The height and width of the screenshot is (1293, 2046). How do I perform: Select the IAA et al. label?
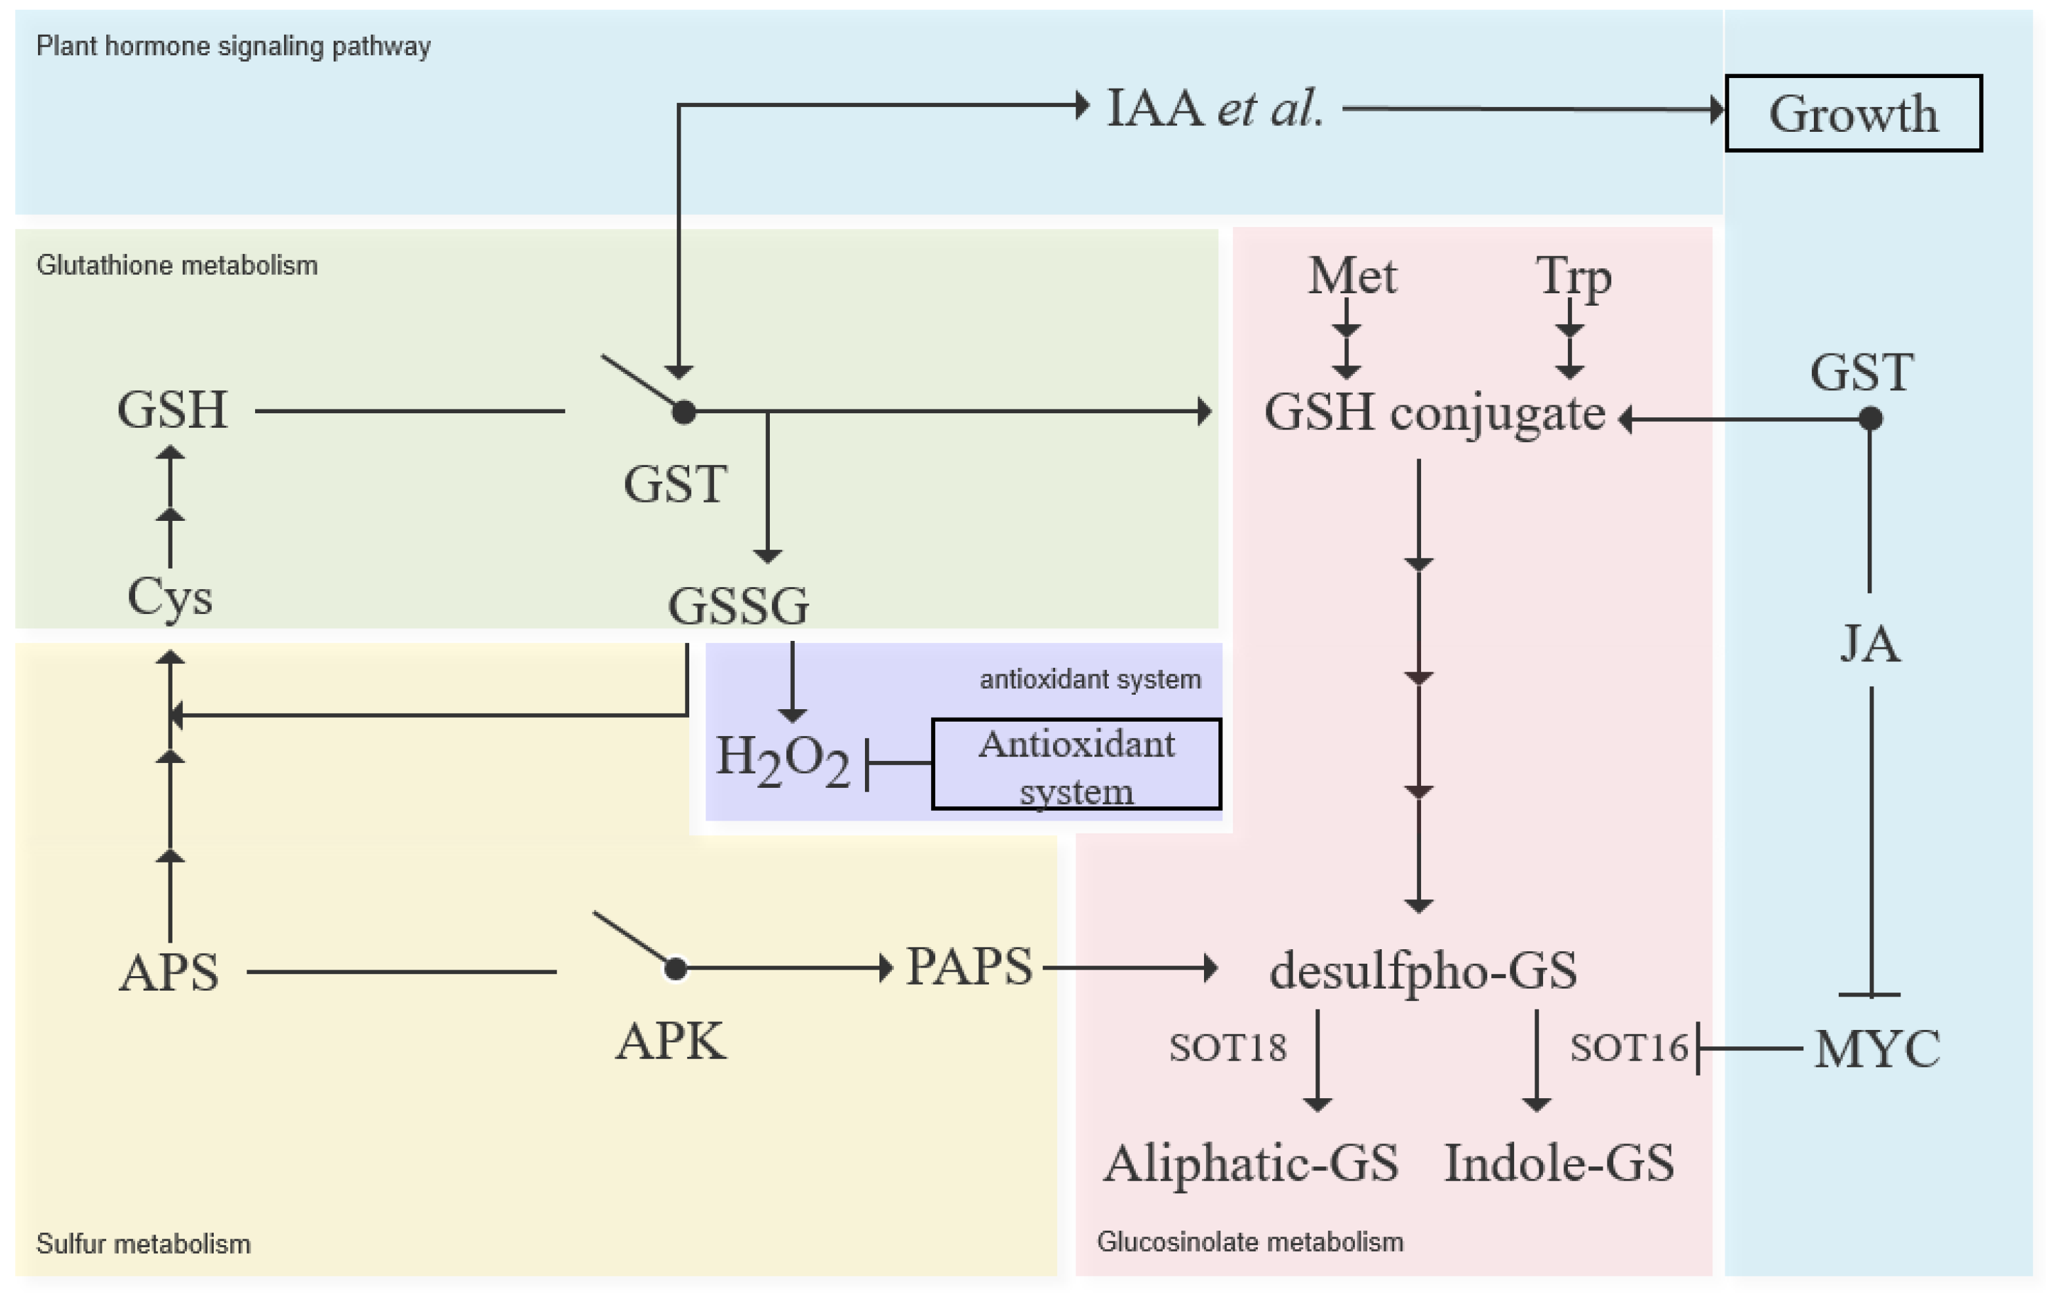click(x=1215, y=108)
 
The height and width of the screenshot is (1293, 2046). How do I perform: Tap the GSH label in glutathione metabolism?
click(x=172, y=410)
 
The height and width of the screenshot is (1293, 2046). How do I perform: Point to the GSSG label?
click(x=738, y=606)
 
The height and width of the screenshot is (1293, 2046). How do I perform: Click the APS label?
click(x=169, y=972)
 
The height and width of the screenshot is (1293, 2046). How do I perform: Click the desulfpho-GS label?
click(x=1423, y=970)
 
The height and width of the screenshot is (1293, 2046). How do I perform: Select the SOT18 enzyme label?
click(x=1228, y=1047)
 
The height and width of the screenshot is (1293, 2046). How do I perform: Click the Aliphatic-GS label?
click(x=1251, y=1163)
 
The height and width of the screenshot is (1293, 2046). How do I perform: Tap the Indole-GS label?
click(x=1559, y=1163)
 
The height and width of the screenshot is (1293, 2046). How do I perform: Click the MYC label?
click(x=1877, y=1048)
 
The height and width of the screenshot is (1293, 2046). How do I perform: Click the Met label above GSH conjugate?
click(x=1352, y=276)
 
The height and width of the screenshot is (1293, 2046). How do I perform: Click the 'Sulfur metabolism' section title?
click(x=144, y=1244)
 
